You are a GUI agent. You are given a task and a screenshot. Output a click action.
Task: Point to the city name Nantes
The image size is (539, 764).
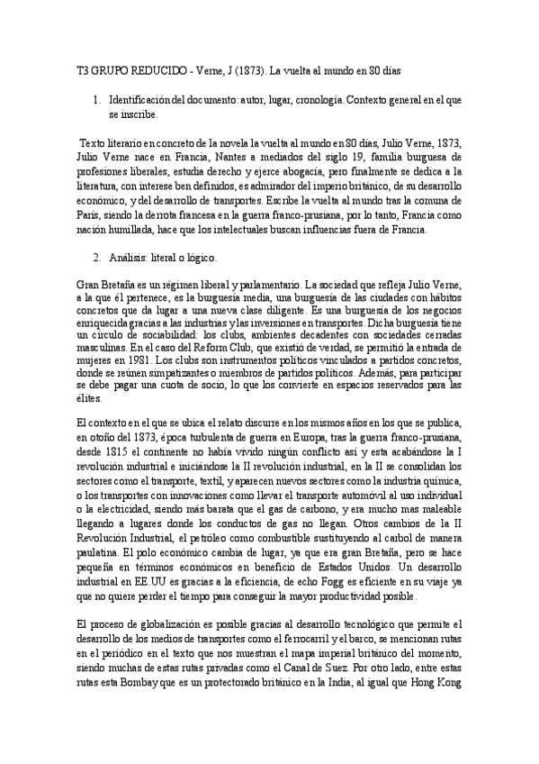coord(198,158)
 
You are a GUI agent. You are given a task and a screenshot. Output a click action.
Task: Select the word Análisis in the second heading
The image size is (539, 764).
coord(129,258)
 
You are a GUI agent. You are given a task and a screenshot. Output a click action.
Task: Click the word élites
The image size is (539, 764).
coord(90,401)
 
